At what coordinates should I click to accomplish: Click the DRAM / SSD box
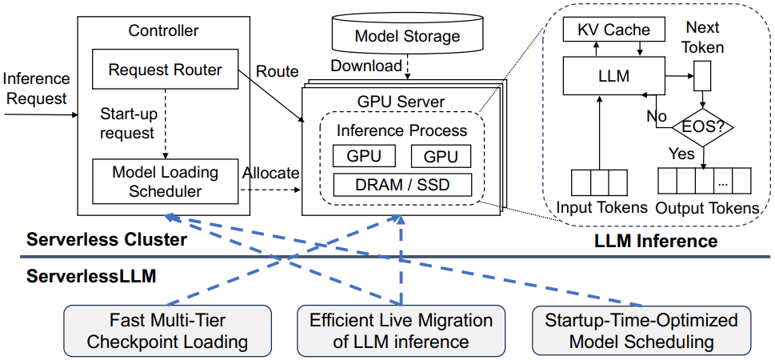tap(402, 186)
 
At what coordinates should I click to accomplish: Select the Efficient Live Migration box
tap(401, 331)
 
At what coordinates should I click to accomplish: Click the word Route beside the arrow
tap(277, 71)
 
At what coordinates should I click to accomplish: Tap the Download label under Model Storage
tap(367, 66)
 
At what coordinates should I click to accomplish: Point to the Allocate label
tap(270, 173)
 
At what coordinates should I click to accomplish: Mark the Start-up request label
tap(126, 122)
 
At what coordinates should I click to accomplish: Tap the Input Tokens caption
tap(601, 208)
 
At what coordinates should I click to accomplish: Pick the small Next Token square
tap(702, 77)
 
